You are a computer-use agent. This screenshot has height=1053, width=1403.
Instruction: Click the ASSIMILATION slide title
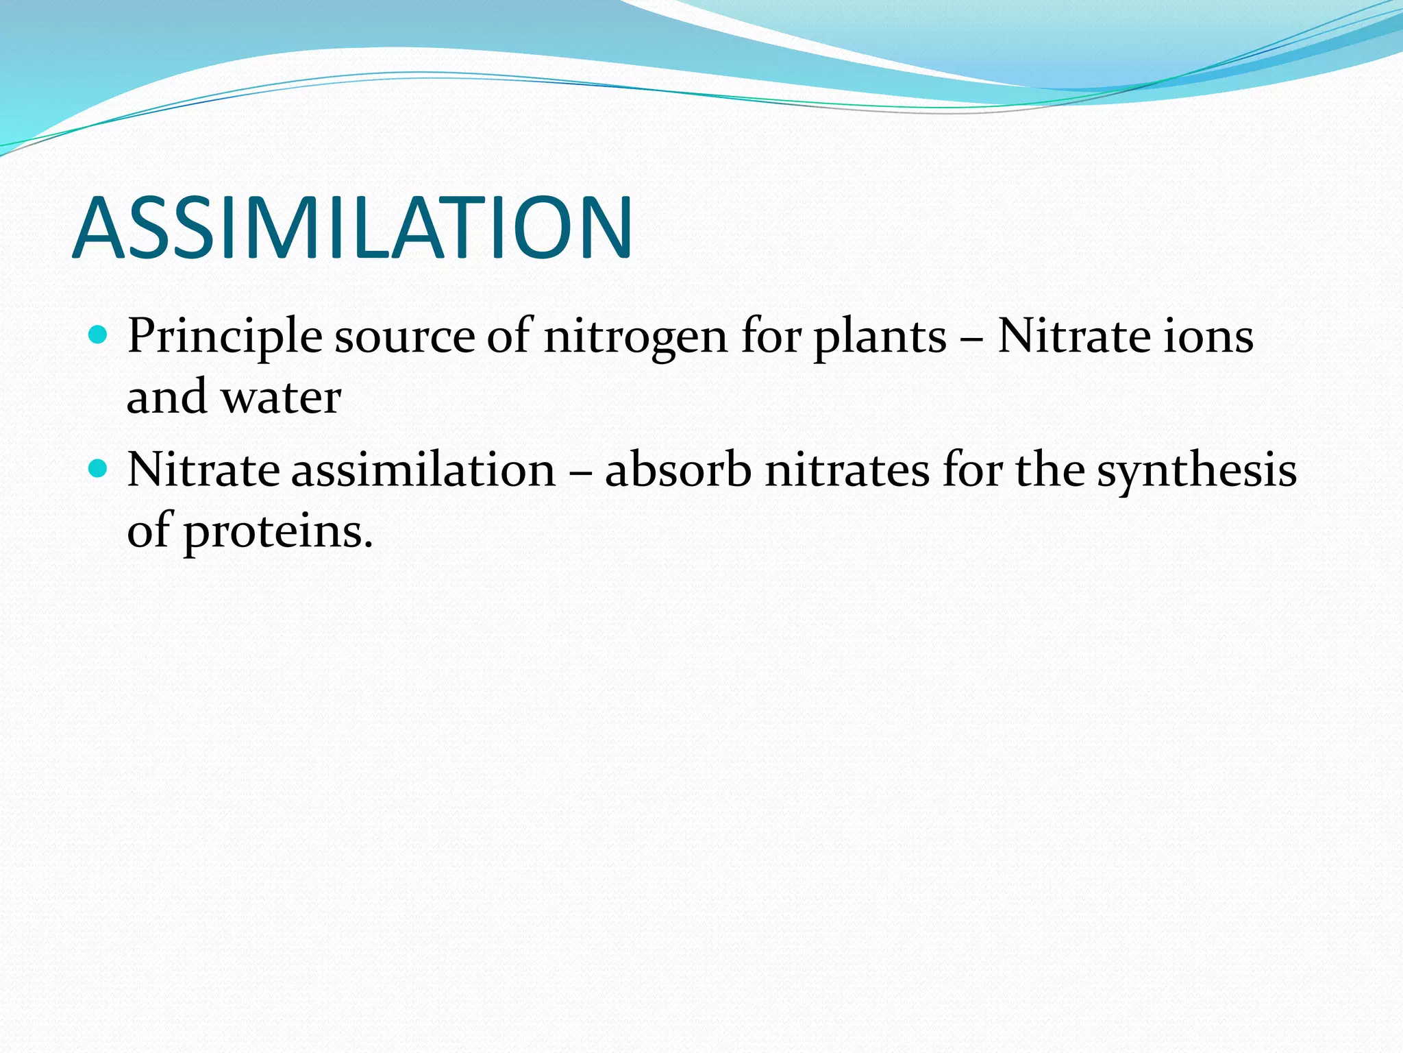352,228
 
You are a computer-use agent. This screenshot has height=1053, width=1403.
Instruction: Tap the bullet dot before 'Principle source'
99,335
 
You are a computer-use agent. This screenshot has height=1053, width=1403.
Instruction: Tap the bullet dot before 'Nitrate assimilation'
99,469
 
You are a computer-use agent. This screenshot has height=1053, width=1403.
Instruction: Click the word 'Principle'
225,337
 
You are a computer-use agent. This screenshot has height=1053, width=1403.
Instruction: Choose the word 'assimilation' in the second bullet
423,470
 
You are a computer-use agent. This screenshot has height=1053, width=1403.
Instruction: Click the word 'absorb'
678,470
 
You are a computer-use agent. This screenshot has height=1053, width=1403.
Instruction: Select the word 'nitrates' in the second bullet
847,470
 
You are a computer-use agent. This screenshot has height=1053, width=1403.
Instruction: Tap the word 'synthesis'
1196,472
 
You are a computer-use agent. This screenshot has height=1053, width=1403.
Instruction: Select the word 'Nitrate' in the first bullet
1073,336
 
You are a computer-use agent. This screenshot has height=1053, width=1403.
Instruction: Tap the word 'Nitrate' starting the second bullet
203,470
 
